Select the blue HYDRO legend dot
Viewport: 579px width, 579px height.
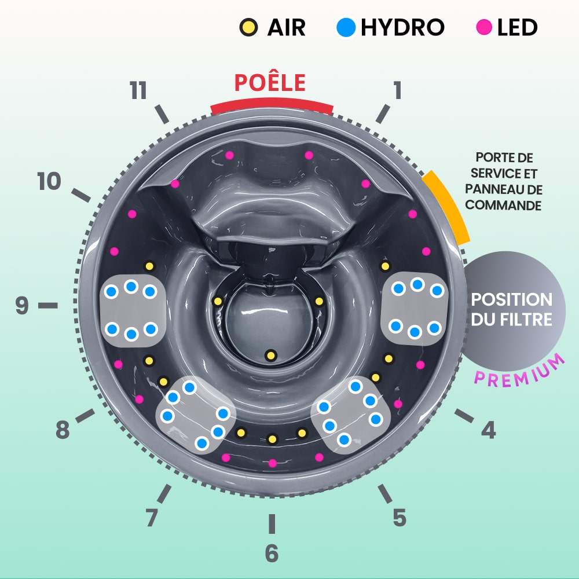click(x=345, y=27)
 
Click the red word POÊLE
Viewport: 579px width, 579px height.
click(x=270, y=83)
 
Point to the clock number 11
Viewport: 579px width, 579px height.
click(x=138, y=91)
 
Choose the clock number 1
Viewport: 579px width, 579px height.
click(x=397, y=90)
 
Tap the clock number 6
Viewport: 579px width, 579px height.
click(x=272, y=554)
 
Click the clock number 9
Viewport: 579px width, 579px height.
click(x=21, y=305)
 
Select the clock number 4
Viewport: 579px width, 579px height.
click(x=489, y=430)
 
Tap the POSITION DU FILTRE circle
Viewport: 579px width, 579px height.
click(x=511, y=309)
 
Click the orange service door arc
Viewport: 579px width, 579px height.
click(x=446, y=206)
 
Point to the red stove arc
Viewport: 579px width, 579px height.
click(x=272, y=105)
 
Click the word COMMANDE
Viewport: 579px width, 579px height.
click(x=504, y=205)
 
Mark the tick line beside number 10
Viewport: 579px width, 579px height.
click(x=82, y=195)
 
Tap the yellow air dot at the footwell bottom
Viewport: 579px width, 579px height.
click(x=270, y=355)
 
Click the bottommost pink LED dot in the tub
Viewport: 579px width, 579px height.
click(x=272, y=463)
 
